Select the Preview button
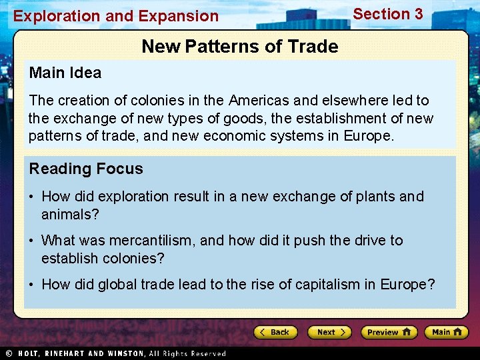[389, 332]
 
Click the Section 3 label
[387, 14]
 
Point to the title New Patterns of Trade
[239, 47]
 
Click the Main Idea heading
[65, 73]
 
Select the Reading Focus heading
[86, 169]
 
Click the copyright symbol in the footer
[9, 353]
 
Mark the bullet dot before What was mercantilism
[32, 241]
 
